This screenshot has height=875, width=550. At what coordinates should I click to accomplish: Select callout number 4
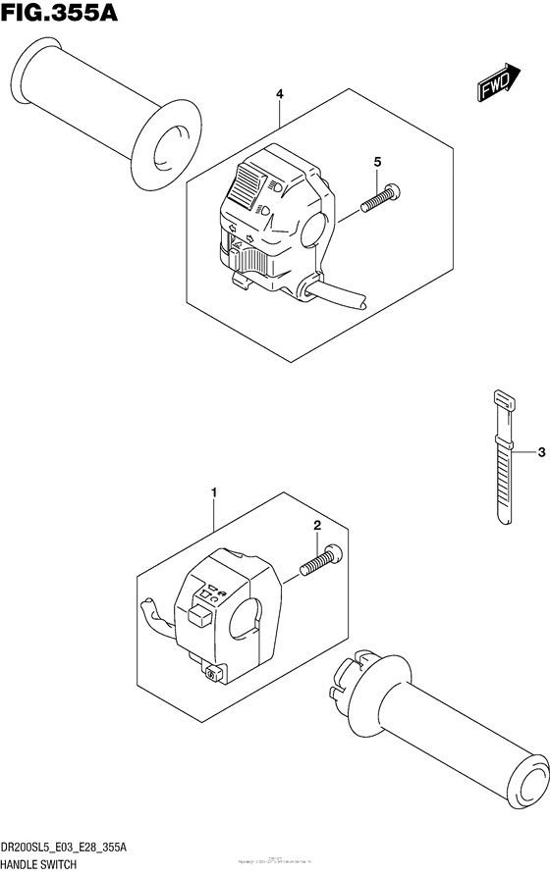280,95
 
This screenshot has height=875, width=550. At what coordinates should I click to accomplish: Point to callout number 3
540,452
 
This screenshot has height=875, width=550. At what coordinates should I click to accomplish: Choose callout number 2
316,528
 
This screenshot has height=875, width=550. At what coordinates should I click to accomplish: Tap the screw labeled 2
320,562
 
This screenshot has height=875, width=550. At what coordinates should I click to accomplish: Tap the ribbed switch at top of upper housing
246,183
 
